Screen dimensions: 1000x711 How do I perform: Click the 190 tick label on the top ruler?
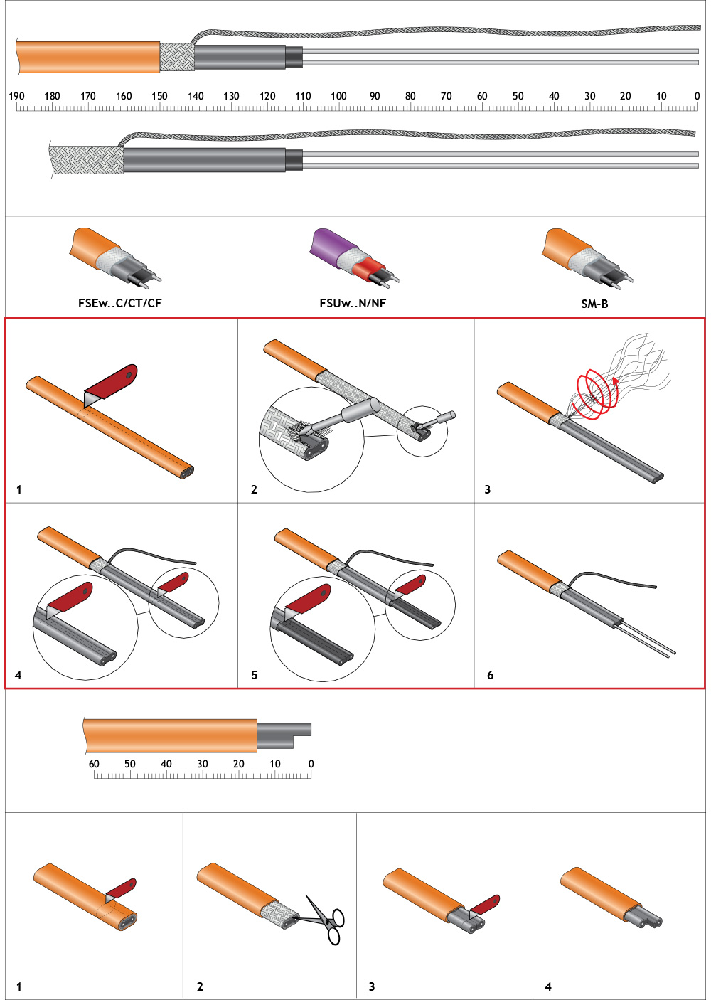click(x=16, y=96)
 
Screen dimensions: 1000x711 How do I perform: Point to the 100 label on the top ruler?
click(x=338, y=96)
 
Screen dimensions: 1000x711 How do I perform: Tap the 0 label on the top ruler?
click(x=697, y=96)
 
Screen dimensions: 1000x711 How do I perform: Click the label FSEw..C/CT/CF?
click(x=119, y=303)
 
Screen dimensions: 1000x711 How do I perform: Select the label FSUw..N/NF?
click(x=353, y=303)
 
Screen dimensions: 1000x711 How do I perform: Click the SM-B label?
click(x=594, y=304)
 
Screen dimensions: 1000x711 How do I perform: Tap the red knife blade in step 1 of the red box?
click(x=113, y=383)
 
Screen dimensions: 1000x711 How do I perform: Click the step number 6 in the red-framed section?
click(x=490, y=675)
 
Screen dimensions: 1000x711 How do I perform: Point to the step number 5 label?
click(x=254, y=675)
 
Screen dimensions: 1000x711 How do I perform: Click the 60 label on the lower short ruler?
click(x=94, y=764)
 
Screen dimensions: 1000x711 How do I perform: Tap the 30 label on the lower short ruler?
click(x=203, y=764)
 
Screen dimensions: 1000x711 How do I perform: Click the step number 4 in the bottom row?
click(x=548, y=986)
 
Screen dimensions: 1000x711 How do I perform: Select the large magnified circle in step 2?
click(x=311, y=439)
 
